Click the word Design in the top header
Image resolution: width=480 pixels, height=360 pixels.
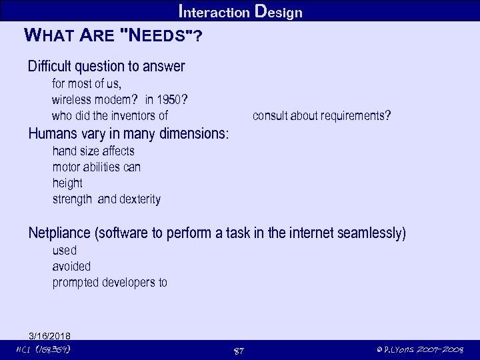click(x=279, y=12)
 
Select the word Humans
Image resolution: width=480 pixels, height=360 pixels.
click(x=52, y=133)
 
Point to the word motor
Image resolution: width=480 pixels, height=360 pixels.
click(x=66, y=167)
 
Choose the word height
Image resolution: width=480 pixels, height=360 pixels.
click(x=67, y=183)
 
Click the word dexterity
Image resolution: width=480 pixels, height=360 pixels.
click(x=140, y=199)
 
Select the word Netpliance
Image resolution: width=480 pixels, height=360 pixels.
click(x=60, y=233)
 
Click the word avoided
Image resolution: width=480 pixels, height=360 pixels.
click(x=71, y=266)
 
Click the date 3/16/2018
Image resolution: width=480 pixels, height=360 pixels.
click(x=50, y=335)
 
